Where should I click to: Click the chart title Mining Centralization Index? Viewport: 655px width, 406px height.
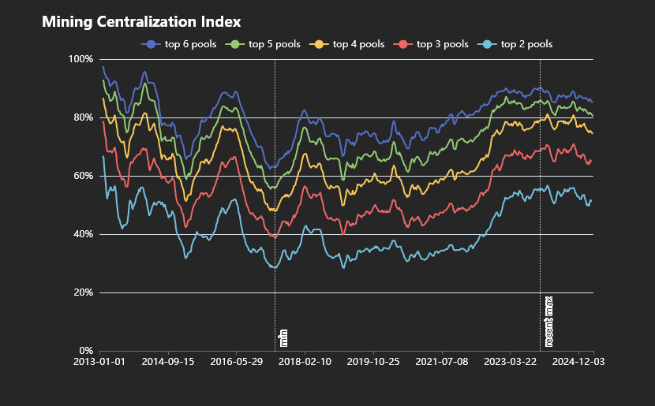click(141, 21)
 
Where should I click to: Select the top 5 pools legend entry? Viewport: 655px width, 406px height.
click(264, 44)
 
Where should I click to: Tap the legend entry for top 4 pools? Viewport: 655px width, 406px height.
click(349, 44)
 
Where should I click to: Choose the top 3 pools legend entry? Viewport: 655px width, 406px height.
click(432, 44)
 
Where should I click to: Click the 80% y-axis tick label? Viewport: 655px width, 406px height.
click(83, 117)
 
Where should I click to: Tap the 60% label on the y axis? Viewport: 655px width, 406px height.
click(83, 176)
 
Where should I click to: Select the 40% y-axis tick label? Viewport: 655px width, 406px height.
click(83, 234)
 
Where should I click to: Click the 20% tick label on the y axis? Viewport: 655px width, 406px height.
click(83, 292)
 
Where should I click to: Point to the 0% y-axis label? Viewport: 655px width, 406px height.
click(85, 351)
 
